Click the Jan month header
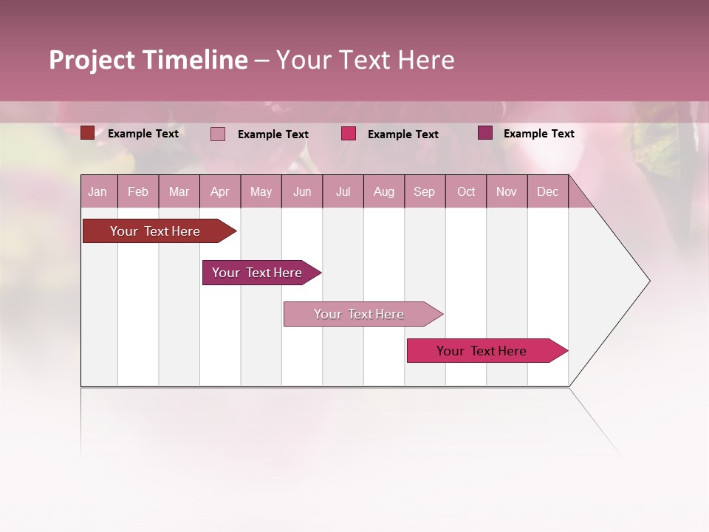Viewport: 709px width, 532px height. (x=97, y=192)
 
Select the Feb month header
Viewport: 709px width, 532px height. (x=138, y=192)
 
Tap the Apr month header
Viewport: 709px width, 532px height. (x=219, y=192)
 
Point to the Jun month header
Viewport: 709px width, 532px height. (x=302, y=192)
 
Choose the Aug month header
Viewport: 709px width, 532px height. (x=383, y=192)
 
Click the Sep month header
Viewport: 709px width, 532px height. (x=424, y=192)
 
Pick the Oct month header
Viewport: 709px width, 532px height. (x=466, y=192)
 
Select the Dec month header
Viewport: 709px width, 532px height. (x=547, y=192)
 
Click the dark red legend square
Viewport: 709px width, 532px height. (x=87, y=133)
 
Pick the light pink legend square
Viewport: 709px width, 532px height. (x=218, y=134)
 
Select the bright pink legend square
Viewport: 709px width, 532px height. (x=349, y=134)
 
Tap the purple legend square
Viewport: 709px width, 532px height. (x=484, y=133)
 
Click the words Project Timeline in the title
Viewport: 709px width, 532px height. (x=148, y=60)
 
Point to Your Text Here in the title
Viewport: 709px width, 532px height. (x=365, y=60)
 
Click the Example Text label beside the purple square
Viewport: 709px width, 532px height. (x=538, y=134)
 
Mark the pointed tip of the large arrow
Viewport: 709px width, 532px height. (x=648, y=281)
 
